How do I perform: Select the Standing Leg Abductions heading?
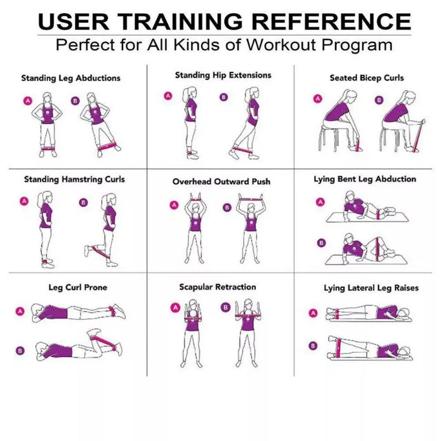pyautogui.click(x=70, y=79)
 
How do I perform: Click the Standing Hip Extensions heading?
pyautogui.click(x=223, y=75)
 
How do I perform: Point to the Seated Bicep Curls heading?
pyautogui.click(x=366, y=78)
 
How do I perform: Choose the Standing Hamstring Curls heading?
pyautogui.click(x=74, y=180)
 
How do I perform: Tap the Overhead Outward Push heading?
pyautogui.click(x=221, y=181)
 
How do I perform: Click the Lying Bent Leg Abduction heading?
pyautogui.click(x=365, y=180)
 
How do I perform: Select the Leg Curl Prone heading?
pyautogui.click(x=78, y=287)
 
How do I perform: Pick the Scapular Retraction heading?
pyautogui.click(x=217, y=287)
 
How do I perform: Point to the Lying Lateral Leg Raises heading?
pyautogui.click(x=371, y=288)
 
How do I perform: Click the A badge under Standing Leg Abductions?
pyautogui.click(x=27, y=100)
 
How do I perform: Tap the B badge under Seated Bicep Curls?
pyautogui.click(x=379, y=100)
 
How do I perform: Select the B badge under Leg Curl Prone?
pyautogui.click(x=20, y=350)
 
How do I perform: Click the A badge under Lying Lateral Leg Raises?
pyautogui.click(x=312, y=313)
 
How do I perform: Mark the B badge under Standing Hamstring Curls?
pyautogui.click(x=83, y=202)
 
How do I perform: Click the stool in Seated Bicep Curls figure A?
pyautogui.click(x=331, y=136)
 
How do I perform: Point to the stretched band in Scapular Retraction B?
pyautogui.click(x=249, y=315)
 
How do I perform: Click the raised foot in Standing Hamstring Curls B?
pyautogui.click(x=87, y=251)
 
